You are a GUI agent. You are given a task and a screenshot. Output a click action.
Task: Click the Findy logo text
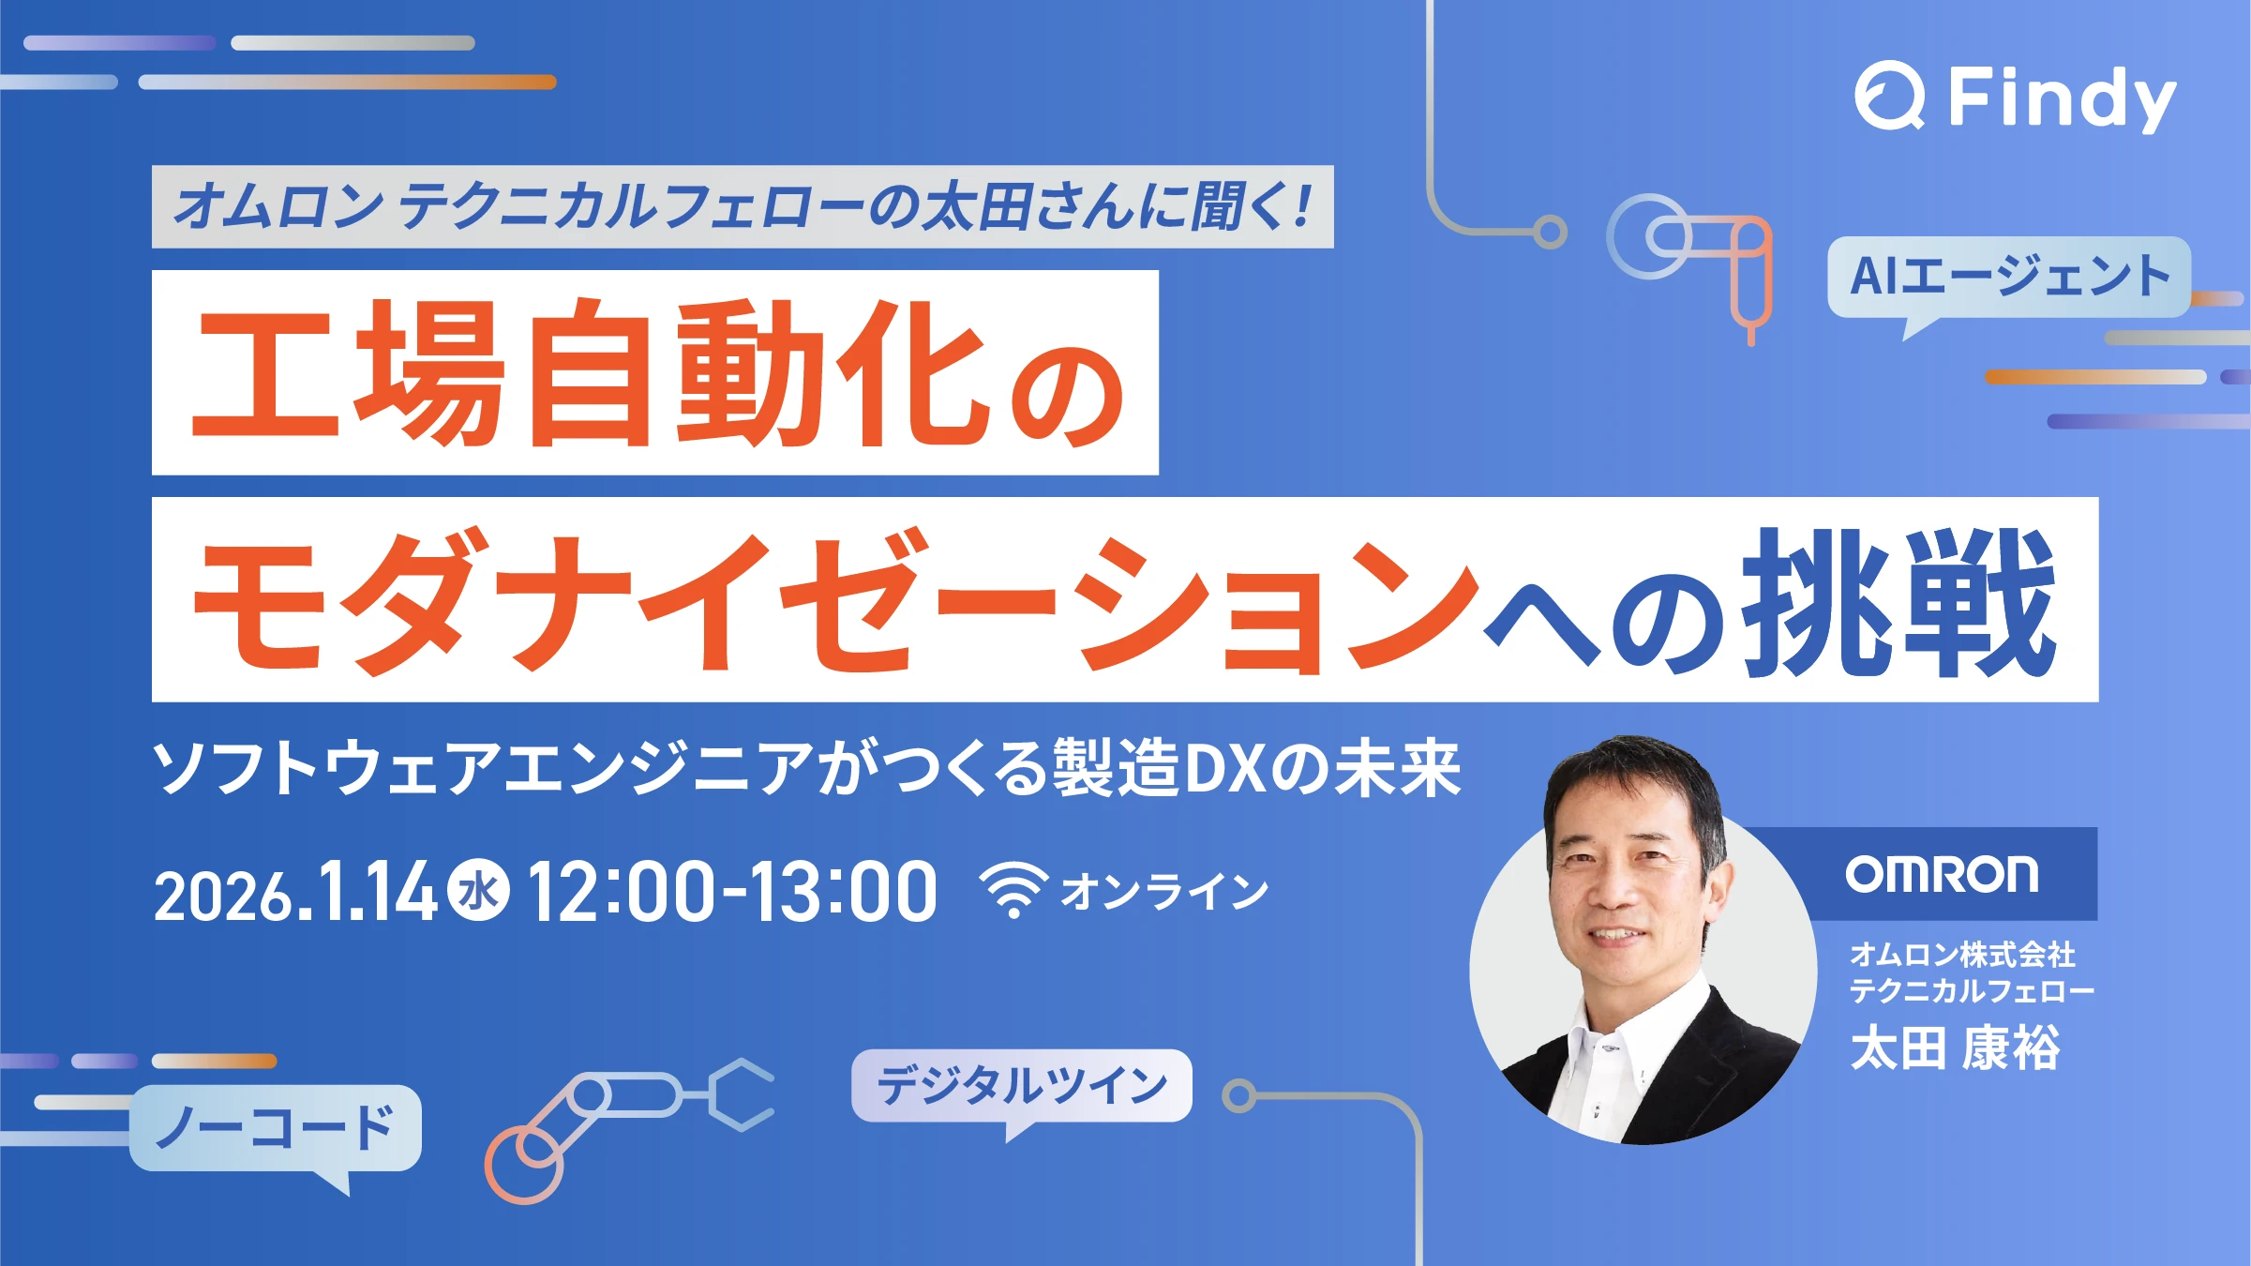pos(2062,98)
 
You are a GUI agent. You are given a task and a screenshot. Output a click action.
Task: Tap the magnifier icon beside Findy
pos(1890,96)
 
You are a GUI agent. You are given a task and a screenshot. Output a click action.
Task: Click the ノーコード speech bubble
pos(276,1129)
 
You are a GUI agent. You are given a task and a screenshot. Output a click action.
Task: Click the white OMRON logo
pos(1942,874)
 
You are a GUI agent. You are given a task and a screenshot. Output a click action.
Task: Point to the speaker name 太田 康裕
pos(1955,1048)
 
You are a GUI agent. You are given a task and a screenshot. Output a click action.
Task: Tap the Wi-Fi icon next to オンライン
pos(1013,889)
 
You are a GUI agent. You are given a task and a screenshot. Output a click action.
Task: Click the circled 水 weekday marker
pos(478,890)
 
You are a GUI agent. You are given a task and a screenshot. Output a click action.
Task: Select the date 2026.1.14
pos(295,892)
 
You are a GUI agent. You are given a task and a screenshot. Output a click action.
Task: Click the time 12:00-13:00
pos(732,892)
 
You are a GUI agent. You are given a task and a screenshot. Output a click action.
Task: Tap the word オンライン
pos(1164,891)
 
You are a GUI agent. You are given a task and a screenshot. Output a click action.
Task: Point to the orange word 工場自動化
pos(591,372)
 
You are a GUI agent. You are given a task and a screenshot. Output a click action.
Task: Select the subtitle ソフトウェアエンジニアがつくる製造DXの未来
pos(806,768)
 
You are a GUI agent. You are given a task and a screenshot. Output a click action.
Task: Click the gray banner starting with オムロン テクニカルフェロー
pos(743,207)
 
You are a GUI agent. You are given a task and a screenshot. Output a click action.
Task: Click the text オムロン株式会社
pos(1962,955)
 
